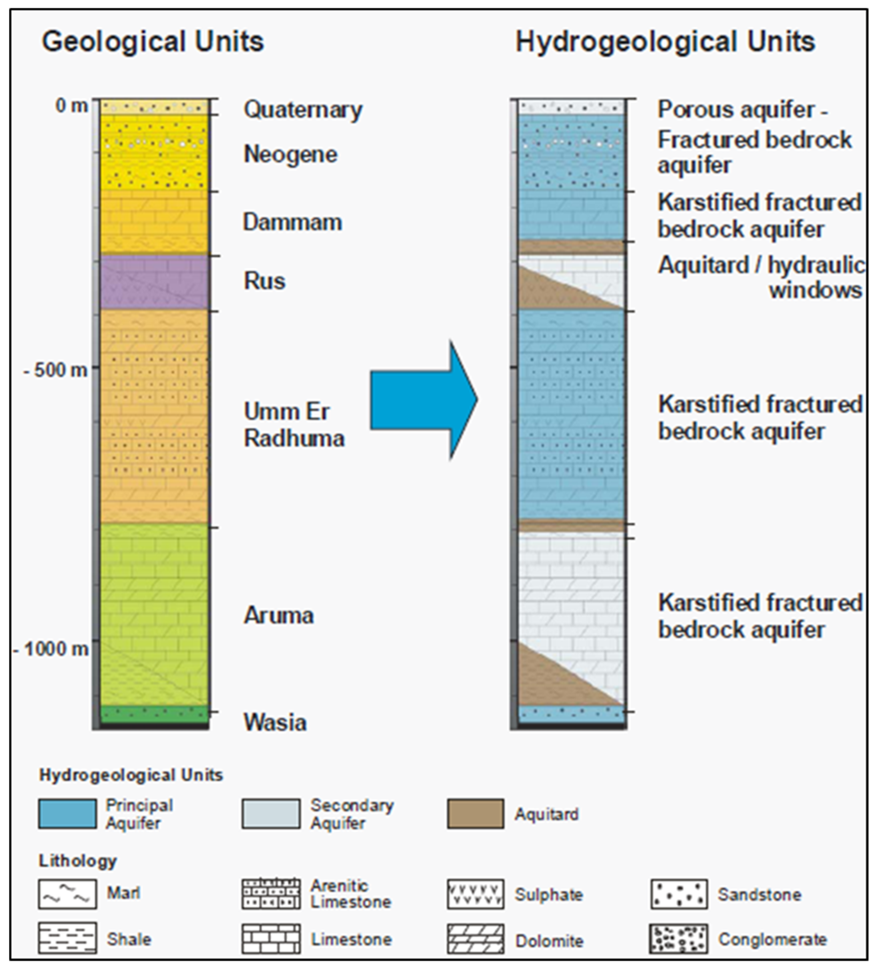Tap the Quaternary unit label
click(302, 110)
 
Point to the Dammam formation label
click(292, 223)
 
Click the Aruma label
click(278, 615)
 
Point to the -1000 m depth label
click(51, 649)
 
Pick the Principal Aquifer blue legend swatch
click(67, 814)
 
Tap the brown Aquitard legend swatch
click(475, 814)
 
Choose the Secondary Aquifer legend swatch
click(271, 814)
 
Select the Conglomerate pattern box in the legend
click(679, 939)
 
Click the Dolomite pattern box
click(475, 939)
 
